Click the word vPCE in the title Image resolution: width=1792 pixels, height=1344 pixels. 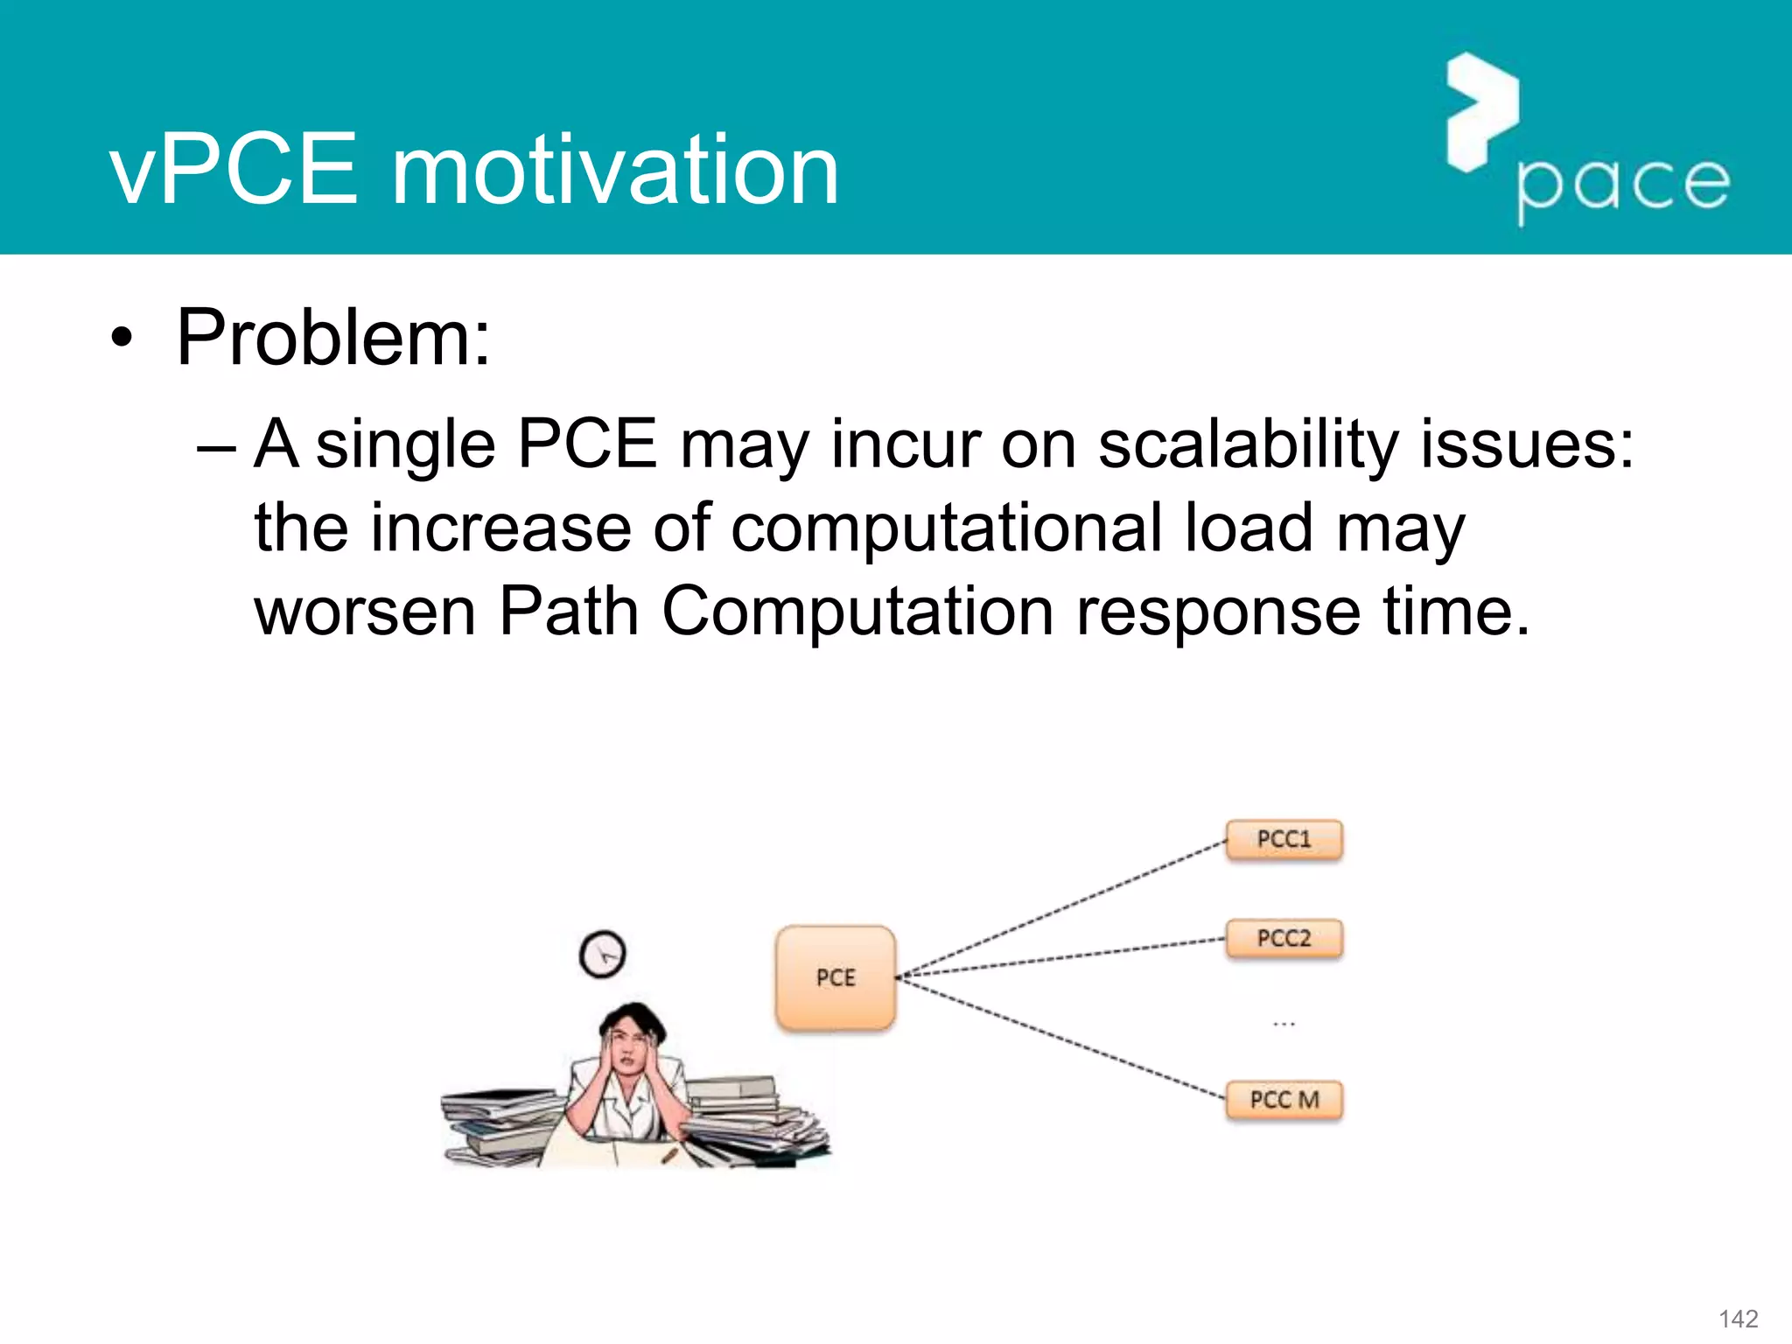[234, 171]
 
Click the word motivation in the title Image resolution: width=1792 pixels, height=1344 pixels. [614, 171]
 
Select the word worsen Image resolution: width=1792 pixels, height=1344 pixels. [365, 612]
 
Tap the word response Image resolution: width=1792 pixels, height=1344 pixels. [1218, 613]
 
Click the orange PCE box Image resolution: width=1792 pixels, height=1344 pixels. [835, 977]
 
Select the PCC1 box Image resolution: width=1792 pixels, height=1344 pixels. [1284, 840]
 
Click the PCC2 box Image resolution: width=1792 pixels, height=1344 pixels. [1284, 939]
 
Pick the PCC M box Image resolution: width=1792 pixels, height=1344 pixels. [1284, 1100]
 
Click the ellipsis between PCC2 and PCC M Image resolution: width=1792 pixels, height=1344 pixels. [1284, 1023]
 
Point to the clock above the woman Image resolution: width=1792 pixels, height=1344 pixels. [603, 954]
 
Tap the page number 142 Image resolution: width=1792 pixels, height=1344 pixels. [1738, 1319]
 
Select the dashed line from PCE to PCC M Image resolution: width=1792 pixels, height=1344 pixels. [1063, 1038]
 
